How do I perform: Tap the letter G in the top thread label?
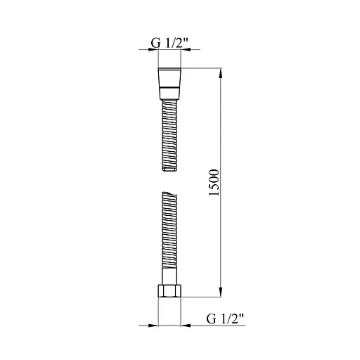(x=155, y=42)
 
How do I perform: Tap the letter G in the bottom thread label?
(x=211, y=319)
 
